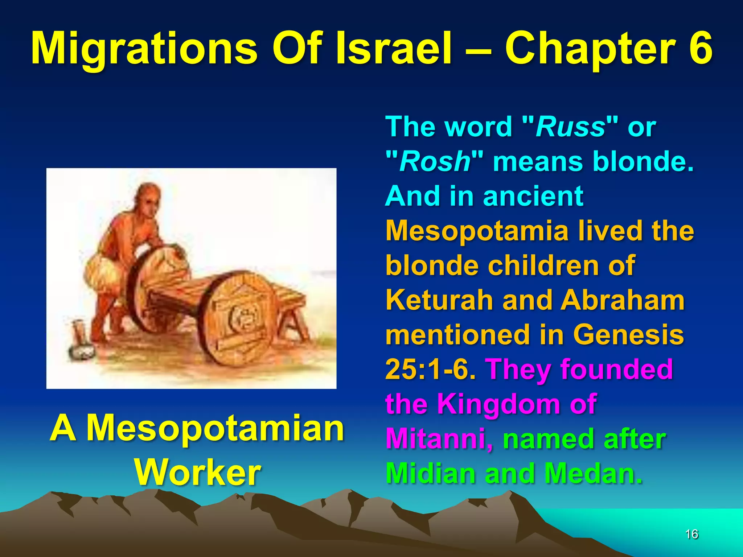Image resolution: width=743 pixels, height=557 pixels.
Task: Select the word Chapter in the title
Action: click(590, 49)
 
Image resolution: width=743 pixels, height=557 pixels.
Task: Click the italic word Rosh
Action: click(435, 161)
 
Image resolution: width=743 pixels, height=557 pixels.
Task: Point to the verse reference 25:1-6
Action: click(430, 370)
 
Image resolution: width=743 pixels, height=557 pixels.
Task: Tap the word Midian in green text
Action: click(430, 473)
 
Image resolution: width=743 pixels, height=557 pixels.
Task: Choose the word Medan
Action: click(593, 473)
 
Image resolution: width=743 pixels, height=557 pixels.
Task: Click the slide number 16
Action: click(691, 534)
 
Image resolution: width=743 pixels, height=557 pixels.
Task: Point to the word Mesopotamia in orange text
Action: click(477, 231)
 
